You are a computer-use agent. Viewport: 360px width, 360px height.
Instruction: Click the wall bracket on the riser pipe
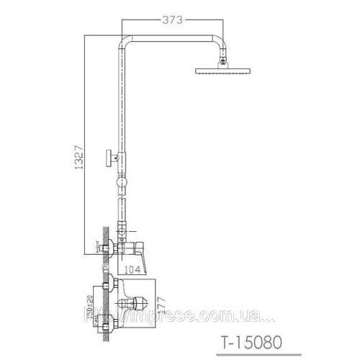pyautogui.click(x=112, y=156)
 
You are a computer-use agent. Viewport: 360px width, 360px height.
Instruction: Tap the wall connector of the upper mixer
pyautogui.click(x=110, y=248)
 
